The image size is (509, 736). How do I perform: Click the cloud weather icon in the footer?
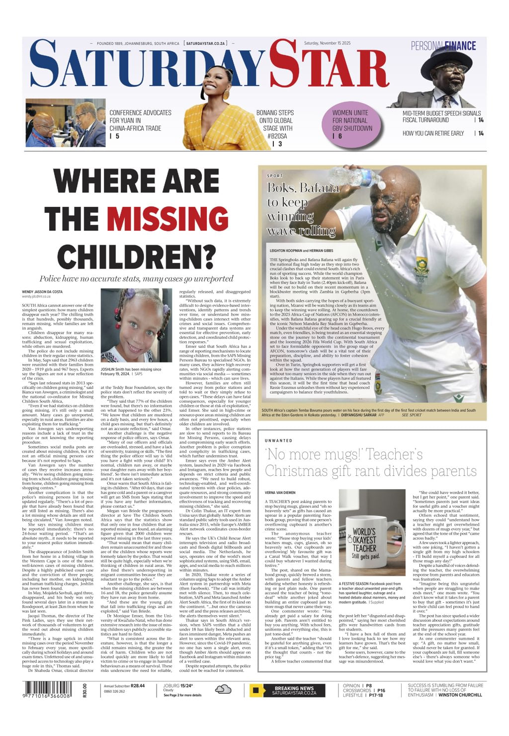[x=223, y=689]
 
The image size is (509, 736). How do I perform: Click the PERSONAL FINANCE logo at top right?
[x=443, y=46]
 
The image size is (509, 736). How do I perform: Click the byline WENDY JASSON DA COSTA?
[x=42, y=292]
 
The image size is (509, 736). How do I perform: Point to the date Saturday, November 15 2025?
[x=327, y=43]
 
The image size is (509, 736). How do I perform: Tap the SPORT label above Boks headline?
[x=275, y=176]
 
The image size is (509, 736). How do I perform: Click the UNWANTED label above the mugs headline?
[x=278, y=441]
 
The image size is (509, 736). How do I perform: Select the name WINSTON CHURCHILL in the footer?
[x=460, y=695]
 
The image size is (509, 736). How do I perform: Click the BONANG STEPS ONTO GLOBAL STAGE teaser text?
[x=275, y=124]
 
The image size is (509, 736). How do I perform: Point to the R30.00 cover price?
[x=85, y=690]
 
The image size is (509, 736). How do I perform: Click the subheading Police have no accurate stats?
[x=136, y=278]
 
